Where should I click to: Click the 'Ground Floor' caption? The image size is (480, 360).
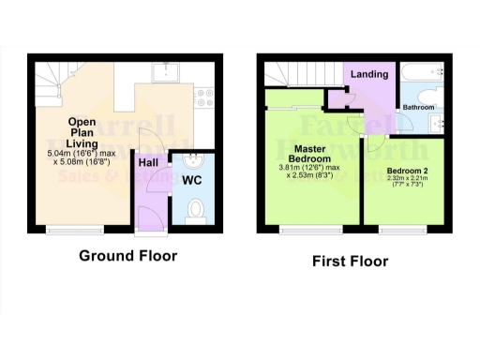click(x=127, y=255)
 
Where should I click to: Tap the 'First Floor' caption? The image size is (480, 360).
click(x=350, y=262)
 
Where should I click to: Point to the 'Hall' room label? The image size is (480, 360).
click(x=148, y=162)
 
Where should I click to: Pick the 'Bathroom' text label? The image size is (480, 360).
click(x=418, y=108)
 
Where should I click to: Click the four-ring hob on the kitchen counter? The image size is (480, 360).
click(x=209, y=94)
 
